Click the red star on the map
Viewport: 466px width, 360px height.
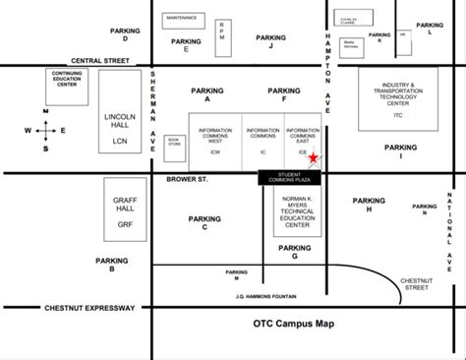(x=313, y=157)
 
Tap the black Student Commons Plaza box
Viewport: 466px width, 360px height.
(x=290, y=178)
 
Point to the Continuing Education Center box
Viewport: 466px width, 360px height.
(x=68, y=79)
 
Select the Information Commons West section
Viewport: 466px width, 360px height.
(x=215, y=141)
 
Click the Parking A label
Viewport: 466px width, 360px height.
(x=207, y=94)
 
